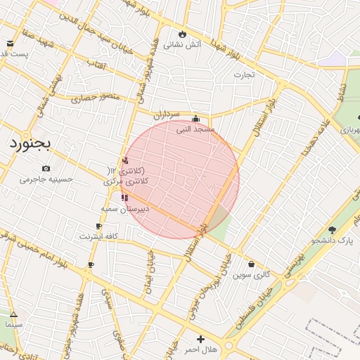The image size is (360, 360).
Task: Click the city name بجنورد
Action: (x=30, y=143)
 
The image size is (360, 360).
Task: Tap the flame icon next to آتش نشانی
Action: (x=183, y=33)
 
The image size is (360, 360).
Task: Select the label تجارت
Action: (x=243, y=74)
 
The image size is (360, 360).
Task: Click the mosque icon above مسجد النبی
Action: (x=195, y=119)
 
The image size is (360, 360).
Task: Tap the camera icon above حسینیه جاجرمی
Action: (x=46, y=168)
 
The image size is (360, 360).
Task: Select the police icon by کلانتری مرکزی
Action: (x=126, y=160)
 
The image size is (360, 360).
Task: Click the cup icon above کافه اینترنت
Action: (x=98, y=226)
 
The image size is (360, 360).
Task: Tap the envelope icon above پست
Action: (x=10, y=44)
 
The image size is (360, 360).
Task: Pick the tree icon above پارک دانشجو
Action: (x=332, y=229)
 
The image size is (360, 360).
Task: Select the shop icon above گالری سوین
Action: (x=252, y=264)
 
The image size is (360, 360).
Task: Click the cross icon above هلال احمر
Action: (x=200, y=339)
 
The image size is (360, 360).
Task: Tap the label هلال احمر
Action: (x=201, y=349)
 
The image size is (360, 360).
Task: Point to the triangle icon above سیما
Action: (x=13, y=314)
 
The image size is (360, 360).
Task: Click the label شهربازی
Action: (x=349, y=130)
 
